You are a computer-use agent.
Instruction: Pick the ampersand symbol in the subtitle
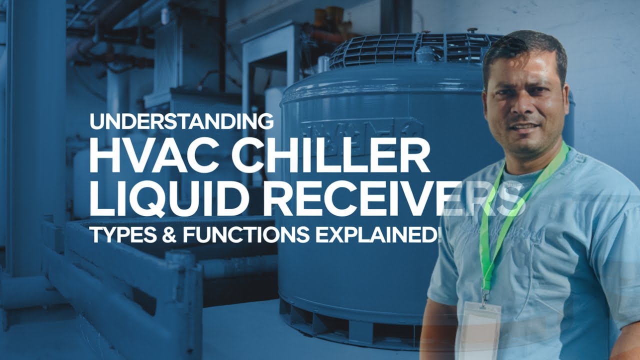point(170,234)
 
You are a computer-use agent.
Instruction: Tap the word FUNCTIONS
point(245,234)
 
